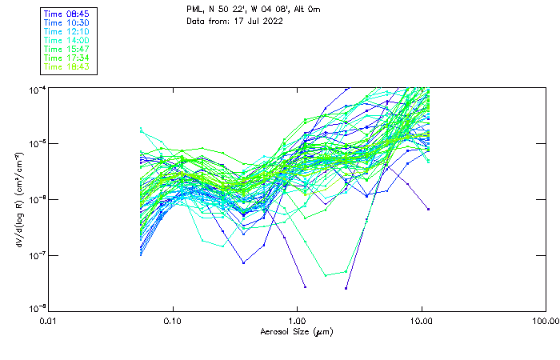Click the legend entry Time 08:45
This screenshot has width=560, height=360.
(67, 14)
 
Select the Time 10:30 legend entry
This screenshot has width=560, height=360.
(67, 22)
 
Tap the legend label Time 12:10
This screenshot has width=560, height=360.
(67, 31)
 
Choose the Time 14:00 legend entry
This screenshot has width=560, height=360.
(67, 40)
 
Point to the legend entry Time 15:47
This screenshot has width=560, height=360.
(67, 49)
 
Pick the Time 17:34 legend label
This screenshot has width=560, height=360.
(67, 58)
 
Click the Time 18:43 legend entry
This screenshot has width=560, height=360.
(67, 66)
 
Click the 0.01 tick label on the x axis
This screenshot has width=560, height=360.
(49, 320)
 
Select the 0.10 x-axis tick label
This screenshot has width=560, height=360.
(173, 320)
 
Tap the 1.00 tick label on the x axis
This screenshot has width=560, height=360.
(298, 320)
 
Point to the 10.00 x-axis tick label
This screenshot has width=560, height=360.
(422, 320)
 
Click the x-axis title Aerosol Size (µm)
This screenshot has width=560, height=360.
(297, 331)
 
